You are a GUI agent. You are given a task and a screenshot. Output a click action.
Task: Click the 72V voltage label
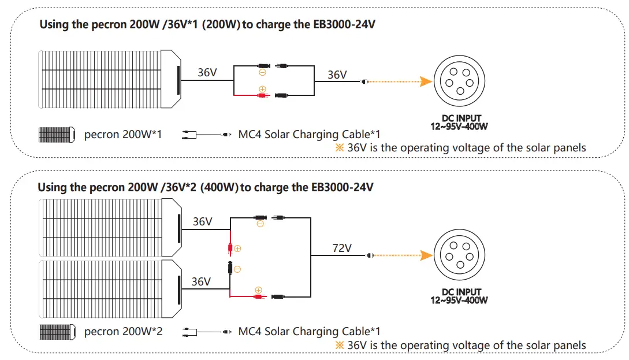[341, 248]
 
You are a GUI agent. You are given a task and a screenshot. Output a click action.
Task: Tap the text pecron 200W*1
[123, 135]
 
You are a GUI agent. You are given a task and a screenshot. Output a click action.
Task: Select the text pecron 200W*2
[123, 332]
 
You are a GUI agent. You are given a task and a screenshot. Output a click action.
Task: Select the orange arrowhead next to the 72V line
[427, 255]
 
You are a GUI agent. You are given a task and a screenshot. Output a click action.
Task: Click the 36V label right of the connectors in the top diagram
[337, 75]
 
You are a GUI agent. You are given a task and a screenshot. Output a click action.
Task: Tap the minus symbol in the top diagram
[262, 73]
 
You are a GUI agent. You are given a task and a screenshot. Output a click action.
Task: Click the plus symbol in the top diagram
[262, 89]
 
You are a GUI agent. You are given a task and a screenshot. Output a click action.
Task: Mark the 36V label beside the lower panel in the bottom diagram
[201, 281]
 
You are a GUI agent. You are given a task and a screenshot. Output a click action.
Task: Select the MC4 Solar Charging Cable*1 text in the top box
[309, 135]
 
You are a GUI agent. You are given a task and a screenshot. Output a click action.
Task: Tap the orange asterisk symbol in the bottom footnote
[340, 345]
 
